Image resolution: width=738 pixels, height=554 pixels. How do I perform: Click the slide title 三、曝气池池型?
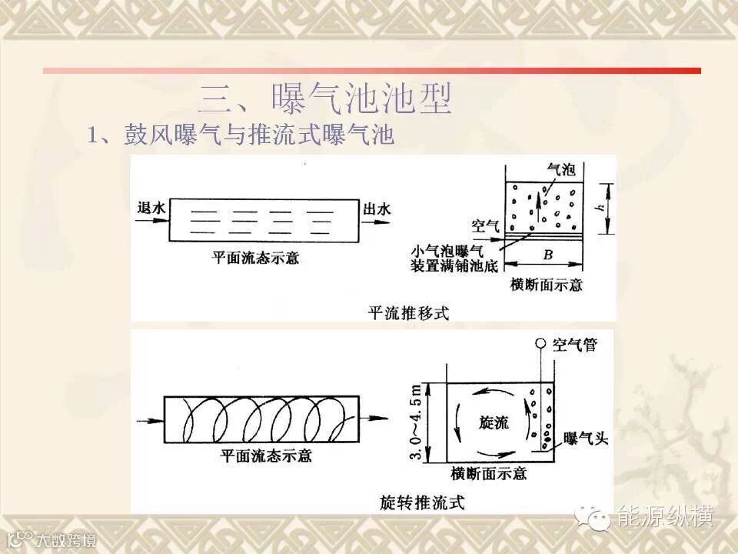click(324, 98)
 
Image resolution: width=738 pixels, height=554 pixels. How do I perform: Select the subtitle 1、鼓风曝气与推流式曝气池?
click(241, 136)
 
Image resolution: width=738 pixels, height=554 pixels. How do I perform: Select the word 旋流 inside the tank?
click(493, 422)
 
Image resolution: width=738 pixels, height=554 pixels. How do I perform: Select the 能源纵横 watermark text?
click(667, 516)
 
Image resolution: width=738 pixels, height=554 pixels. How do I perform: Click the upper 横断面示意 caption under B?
click(547, 285)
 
